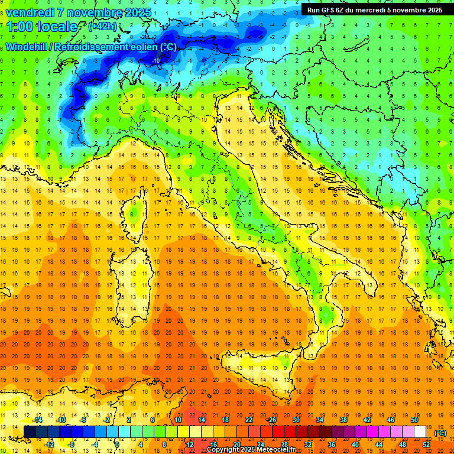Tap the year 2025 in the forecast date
(137, 12)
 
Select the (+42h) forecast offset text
(102, 26)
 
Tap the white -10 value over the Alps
(157, 60)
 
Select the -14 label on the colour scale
(38, 420)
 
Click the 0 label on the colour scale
(117, 444)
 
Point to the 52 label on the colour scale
(426, 444)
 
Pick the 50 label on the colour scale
(414, 420)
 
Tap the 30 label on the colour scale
(296, 420)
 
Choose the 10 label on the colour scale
(177, 420)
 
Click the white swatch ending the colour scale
(420, 432)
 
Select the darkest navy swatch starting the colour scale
(30, 432)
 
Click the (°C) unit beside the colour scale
(440, 432)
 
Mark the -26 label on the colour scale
(272, 420)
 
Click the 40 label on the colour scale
(355, 444)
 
